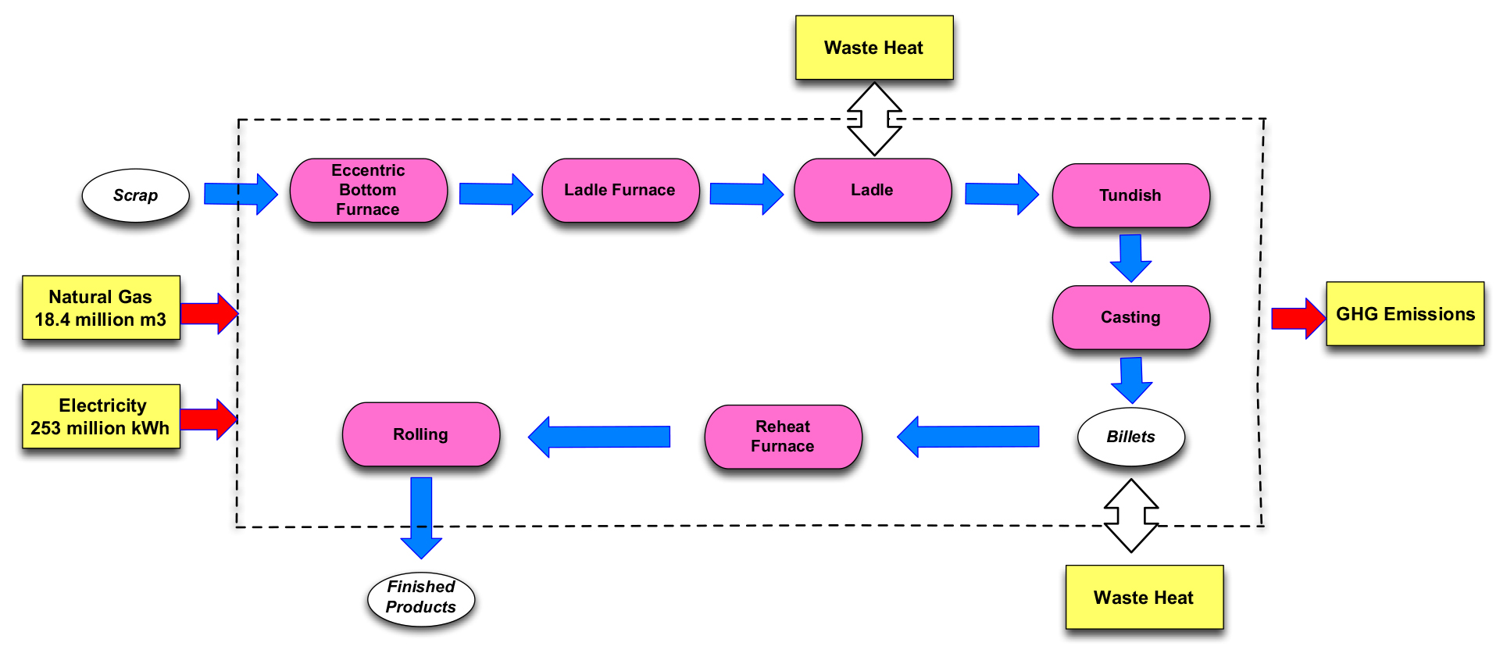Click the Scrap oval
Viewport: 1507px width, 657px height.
click(x=135, y=195)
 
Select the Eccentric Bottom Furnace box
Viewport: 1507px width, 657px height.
click(x=368, y=191)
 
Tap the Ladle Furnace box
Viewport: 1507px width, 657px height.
click(x=620, y=191)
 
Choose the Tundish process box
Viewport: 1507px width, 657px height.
click(x=1130, y=195)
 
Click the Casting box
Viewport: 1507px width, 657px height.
click(x=1130, y=317)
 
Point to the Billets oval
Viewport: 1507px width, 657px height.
click(x=1130, y=437)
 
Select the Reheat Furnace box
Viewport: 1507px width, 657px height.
click(x=783, y=436)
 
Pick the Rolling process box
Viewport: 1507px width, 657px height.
click(x=420, y=434)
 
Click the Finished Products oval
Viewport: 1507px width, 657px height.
click(x=421, y=598)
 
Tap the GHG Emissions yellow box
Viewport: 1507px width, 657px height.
click(x=1405, y=314)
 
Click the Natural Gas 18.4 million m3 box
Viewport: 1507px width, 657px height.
click(x=101, y=308)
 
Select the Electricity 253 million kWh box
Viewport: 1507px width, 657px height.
click(x=101, y=416)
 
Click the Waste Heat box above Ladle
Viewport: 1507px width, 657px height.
click(x=873, y=48)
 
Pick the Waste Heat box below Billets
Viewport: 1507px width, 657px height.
click(x=1144, y=598)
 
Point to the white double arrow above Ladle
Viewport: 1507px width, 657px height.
click(x=875, y=120)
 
